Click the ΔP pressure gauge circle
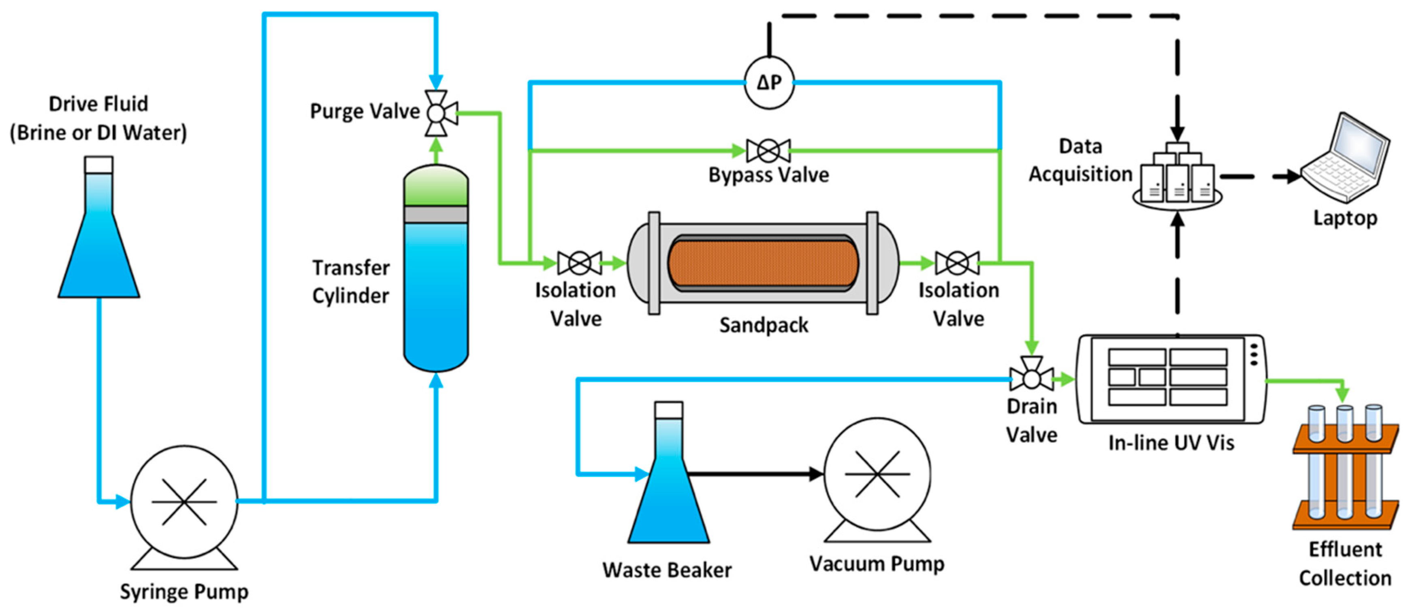769,83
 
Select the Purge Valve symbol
437,114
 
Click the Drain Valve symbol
1031,379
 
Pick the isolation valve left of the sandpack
579,263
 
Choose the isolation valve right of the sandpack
957,263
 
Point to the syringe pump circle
184,501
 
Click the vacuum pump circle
877,474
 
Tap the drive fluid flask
99,244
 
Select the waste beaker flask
668,487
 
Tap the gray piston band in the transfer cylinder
436,214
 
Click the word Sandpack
764,325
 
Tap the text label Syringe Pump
184,592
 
